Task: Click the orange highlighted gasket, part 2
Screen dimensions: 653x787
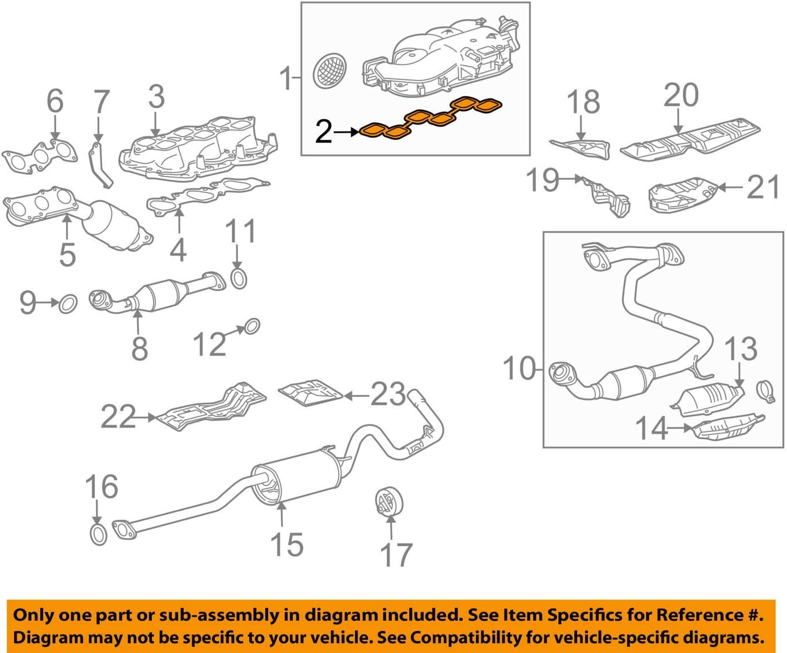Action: tap(431, 117)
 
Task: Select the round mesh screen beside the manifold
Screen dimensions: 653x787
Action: tap(331, 71)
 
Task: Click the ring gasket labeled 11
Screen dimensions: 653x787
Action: tap(239, 279)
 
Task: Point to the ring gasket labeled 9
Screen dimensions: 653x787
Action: tap(68, 304)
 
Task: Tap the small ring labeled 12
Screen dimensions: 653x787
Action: tap(252, 326)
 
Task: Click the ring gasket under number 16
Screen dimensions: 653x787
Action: tap(99, 534)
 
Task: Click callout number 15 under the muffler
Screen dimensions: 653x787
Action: tap(287, 544)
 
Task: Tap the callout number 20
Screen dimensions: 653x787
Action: tap(681, 95)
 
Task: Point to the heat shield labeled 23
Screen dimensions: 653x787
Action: tap(310, 393)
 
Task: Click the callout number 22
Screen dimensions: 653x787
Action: tap(118, 417)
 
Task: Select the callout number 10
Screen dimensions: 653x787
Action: tap(519, 369)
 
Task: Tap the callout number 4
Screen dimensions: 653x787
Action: tap(178, 250)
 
